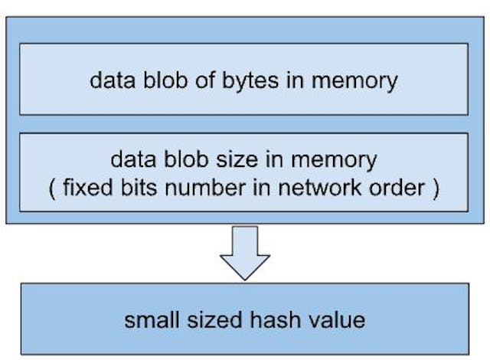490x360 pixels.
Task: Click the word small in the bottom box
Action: coord(152,319)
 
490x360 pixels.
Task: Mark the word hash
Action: coord(263,319)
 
